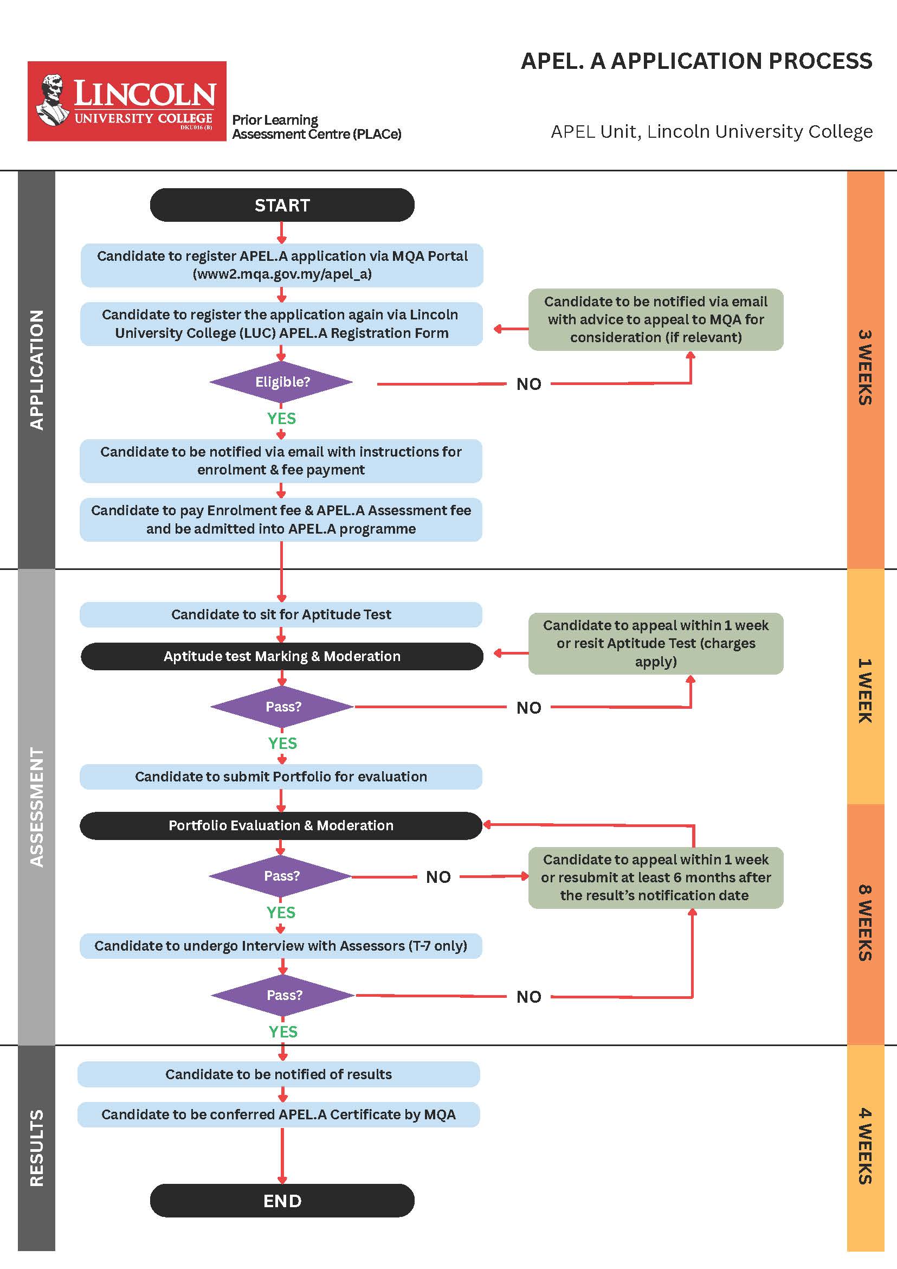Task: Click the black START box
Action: (x=282, y=205)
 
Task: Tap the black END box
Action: (x=282, y=1201)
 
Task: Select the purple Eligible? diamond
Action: (x=281, y=382)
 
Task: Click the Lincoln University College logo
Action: (x=127, y=101)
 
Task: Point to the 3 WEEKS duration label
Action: (x=865, y=368)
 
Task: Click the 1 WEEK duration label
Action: (x=865, y=690)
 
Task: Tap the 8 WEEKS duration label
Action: (x=865, y=923)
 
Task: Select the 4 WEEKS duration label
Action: (x=865, y=1146)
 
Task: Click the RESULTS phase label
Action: (x=36, y=1148)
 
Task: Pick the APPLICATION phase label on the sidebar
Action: (x=36, y=370)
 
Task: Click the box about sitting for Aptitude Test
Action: (x=281, y=614)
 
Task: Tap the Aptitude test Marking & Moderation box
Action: (x=282, y=656)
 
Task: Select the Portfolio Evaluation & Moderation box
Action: (x=281, y=825)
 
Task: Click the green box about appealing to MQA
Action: (x=656, y=319)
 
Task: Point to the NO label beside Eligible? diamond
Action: (x=528, y=384)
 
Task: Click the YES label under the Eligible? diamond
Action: (x=282, y=419)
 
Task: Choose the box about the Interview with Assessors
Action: (x=281, y=946)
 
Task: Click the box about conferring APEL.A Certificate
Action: (x=279, y=1114)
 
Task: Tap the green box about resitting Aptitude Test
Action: (x=656, y=643)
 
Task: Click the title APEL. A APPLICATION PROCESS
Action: (x=696, y=61)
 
